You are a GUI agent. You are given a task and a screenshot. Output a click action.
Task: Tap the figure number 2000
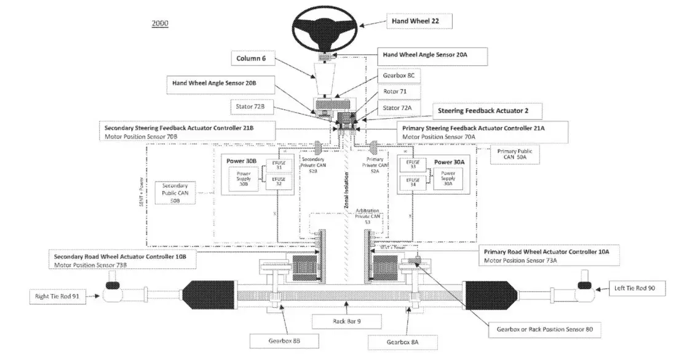(159, 23)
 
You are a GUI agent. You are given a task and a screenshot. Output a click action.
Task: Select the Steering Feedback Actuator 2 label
(482, 111)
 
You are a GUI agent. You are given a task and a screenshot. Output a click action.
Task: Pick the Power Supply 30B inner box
(242, 177)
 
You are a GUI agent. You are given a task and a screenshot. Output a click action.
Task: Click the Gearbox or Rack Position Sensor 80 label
(544, 329)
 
